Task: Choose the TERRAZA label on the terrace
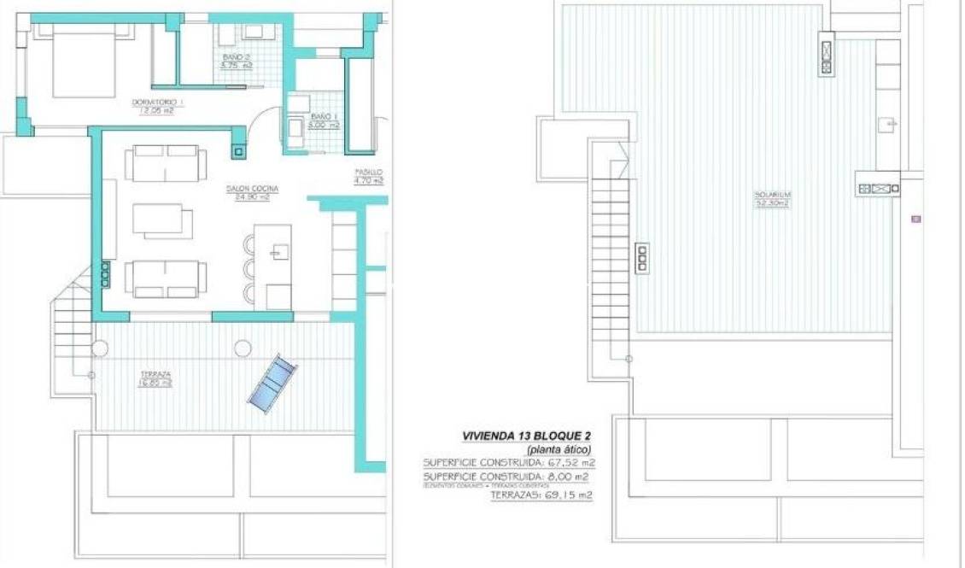point(155,375)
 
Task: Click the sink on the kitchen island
point(278,251)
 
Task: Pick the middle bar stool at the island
point(250,268)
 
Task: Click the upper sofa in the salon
point(166,162)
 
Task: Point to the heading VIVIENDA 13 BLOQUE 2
point(526,436)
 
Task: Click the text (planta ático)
point(559,449)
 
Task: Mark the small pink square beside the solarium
point(916,219)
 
